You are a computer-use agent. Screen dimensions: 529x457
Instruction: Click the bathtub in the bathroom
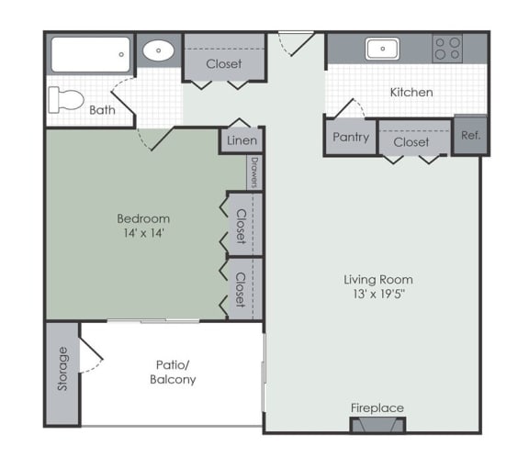(90, 54)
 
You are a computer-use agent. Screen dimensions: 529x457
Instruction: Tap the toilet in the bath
(66, 100)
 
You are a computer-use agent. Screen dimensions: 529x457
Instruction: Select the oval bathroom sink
(158, 50)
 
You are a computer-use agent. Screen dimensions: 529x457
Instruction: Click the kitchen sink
(383, 49)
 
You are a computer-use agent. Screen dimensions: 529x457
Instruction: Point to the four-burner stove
(447, 49)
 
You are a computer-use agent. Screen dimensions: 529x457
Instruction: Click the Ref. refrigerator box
(470, 135)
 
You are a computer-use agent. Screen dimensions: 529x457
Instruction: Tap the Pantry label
(351, 137)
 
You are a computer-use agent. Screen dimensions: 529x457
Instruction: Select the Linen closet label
(242, 140)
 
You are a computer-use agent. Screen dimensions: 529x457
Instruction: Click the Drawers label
(254, 173)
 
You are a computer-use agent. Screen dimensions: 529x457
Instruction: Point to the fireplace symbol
(377, 424)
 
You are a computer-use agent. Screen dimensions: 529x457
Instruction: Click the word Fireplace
(377, 408)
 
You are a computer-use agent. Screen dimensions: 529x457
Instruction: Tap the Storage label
(62, 369)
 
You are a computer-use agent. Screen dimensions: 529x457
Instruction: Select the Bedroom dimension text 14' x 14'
(143, 233)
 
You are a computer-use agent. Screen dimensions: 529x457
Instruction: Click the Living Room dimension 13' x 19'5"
(378, 294)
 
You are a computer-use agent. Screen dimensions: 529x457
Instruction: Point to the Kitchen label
(411, 93)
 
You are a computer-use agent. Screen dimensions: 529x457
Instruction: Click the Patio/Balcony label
(173, 372)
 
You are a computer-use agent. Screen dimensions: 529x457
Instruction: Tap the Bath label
(102, 110)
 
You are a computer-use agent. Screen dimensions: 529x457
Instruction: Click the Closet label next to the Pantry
(411, 142)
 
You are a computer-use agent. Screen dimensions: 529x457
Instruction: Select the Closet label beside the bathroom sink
(224, 63)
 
